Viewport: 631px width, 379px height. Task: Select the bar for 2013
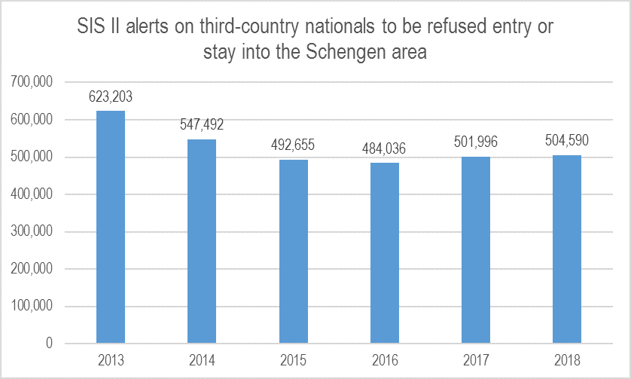(x=111, y=227)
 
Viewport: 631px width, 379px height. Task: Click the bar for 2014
(x=202, y=241)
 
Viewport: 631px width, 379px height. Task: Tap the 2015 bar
(x=294, y=252)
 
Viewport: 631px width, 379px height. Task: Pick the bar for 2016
(x=385, y=253)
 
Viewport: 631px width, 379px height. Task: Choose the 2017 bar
(x=476, y=249)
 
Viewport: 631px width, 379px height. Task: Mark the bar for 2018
(x=566, y=249)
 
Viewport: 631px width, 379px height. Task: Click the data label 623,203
(x=111, y=96)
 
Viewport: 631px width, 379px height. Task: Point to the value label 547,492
(x=202, y=124)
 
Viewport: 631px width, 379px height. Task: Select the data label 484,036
(x=384, y=148)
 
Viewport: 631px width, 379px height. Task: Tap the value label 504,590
(x=566, y=140)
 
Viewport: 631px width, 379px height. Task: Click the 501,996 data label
(x=476, y=142)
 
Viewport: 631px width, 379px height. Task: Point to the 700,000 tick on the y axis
(x=32, y=82)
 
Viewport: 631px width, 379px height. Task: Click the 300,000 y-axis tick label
(x=32, y=231)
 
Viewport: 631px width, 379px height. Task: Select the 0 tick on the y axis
(x=49, y=343)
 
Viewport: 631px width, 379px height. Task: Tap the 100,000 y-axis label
(x=32, y=306)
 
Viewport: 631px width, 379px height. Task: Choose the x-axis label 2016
(x=385, y=360)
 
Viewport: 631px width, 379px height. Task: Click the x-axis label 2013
(x=111, y=360)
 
